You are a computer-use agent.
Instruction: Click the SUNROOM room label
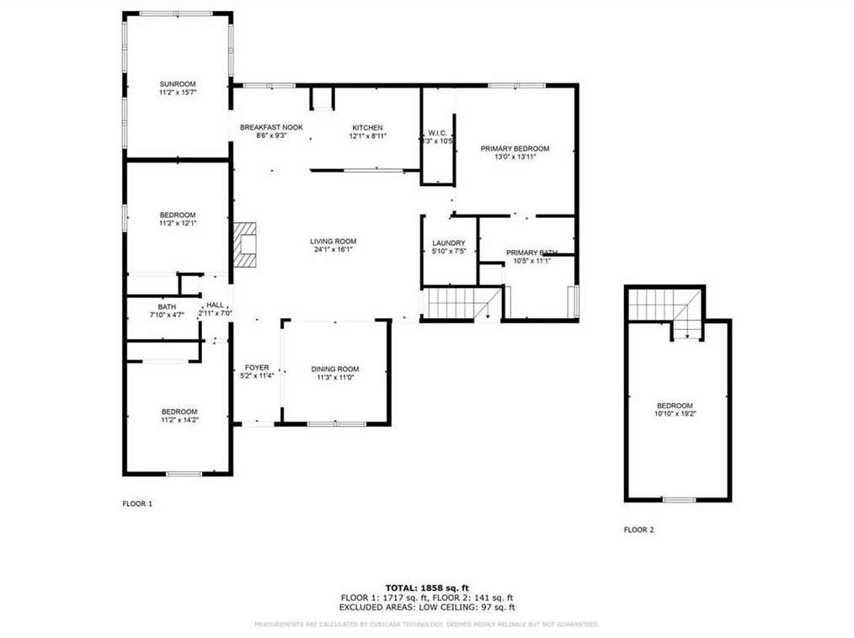(178, 84)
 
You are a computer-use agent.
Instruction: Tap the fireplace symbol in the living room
(243, 245)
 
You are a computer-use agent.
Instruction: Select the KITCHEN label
(367, 127)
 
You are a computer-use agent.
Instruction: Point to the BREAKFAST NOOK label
(271, 127)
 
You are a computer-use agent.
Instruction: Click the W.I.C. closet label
(437, 132)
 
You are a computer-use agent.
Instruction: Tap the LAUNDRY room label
(448, 243)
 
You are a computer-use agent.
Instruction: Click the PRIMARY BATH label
(531, 253)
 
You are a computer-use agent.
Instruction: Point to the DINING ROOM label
(335, 369)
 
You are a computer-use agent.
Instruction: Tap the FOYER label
(257, 368)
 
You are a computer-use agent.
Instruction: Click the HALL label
(216, 306)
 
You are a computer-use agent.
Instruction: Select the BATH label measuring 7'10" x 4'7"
(167, 306)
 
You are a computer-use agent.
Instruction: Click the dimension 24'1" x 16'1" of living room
(334, 250)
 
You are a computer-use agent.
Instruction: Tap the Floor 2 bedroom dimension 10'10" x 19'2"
(675, 414)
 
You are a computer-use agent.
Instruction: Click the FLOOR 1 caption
(137, 503)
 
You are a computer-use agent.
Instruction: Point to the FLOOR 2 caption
(638, 529)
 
